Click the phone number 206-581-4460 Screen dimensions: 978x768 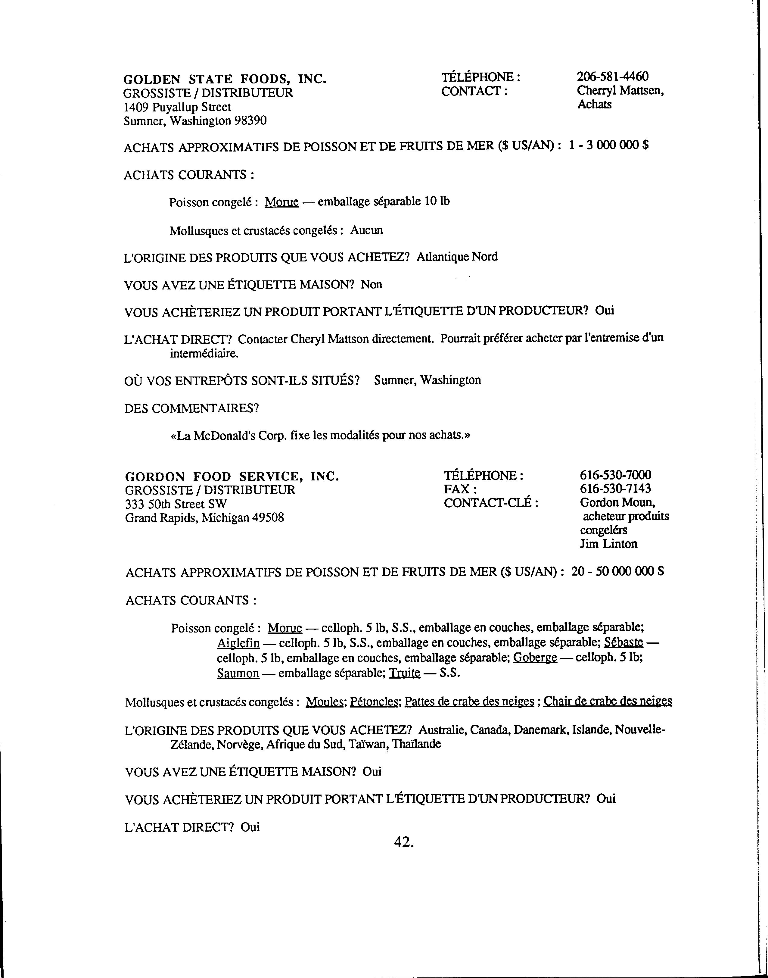(x=612, y=77)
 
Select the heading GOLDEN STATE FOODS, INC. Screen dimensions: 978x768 (x=225, y=79)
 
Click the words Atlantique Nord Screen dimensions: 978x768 (x=457, y=257)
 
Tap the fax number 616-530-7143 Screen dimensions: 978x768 (x=615, y=489)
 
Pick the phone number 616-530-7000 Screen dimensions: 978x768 (x=615, y=475)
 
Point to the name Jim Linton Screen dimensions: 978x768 (x=608, y=544)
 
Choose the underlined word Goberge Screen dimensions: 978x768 (x=535, y=658)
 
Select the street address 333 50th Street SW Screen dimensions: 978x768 (x=176, y=504)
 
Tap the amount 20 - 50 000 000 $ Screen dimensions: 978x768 (x=618, y=571)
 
